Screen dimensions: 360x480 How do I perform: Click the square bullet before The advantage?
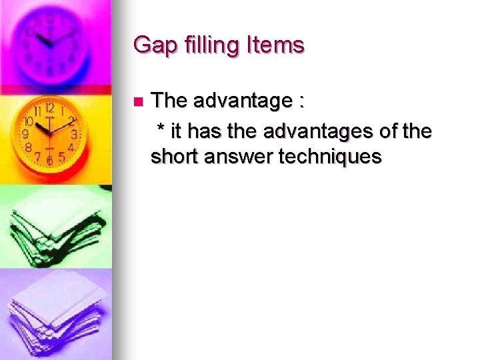pos(137,103)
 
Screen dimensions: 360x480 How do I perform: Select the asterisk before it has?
pos(161,127)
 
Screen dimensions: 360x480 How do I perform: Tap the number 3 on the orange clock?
pos(74,134)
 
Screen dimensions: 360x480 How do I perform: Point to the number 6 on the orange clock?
pos(50,160)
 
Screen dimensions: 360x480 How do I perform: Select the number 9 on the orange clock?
pos(26,133)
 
